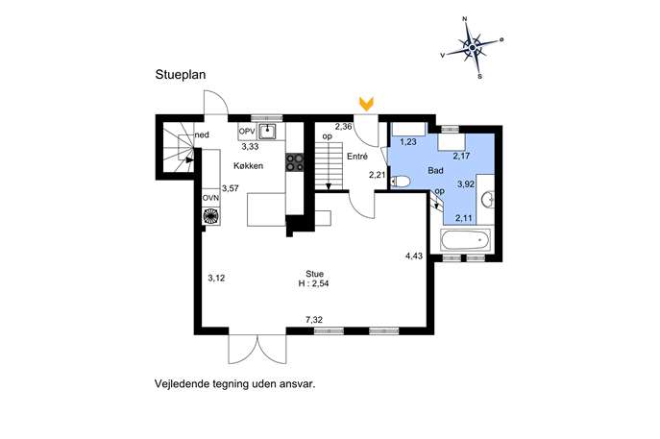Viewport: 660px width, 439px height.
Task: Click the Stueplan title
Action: click(x=181, y=75)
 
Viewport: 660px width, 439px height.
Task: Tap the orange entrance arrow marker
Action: click(x=367, y=104)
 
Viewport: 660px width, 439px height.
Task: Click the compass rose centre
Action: click(x=473, y=48)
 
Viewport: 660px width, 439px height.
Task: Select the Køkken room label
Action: click(x=249, y=166)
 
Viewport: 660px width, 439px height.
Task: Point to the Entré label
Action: click(x=357, y=157)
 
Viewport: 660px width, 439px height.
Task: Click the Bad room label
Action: click(x=435, y=170)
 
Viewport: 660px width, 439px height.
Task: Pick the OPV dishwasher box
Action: click(x=247, y=132)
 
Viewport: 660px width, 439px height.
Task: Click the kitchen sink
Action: click(x=267, y=132)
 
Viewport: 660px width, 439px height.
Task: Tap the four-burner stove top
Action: click(x=295, y=162)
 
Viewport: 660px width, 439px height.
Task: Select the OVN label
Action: click(x=211, y=198)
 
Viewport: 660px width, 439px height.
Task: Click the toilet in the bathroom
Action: click(x=401, y=182)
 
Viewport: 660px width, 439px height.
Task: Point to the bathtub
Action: click(x=466, y=240)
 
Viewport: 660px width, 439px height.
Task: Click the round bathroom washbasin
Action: click(x=488, y=199)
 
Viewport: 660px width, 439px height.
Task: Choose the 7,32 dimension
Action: click(x=314, y=320)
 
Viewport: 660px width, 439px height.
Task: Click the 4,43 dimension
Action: click(x=414, y=256)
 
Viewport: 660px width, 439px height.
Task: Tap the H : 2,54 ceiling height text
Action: click(x=313, y=283)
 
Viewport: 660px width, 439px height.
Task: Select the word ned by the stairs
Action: click(x=202, y=134)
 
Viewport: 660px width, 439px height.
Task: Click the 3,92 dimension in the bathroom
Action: click(x=466, y=183)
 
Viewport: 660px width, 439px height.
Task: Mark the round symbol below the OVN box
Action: click(x=211, y=215)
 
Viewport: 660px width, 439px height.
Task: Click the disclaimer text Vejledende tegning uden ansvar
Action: click(x=235, y=384)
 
